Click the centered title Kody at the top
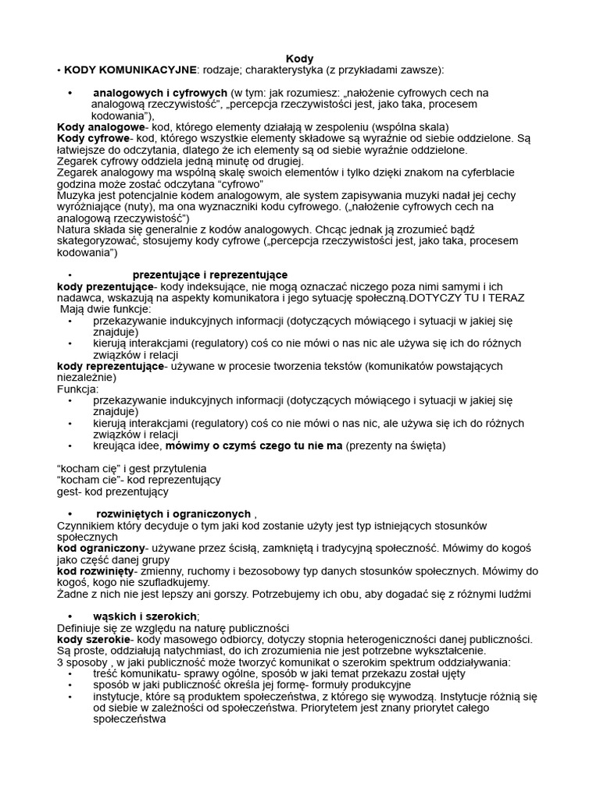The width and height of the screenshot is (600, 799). click(x=299, y=59)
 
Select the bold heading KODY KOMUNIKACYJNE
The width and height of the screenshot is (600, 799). click(x=130, y=69)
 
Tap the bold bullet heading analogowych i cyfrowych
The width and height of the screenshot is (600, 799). click(x=160, y=93)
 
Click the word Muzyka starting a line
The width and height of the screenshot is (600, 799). click(x=77, y=196)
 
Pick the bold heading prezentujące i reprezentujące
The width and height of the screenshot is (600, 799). click(x=209, y=275)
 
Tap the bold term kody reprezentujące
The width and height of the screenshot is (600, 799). click(x=110, y=366)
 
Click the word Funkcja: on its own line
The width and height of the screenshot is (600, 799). click(x=78, y=389)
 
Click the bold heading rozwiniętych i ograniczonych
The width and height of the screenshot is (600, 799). click(x=173, y=514)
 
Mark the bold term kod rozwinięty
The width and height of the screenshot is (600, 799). click(x=97, y=571)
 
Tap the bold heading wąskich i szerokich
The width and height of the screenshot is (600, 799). click(x=145, y=616)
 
